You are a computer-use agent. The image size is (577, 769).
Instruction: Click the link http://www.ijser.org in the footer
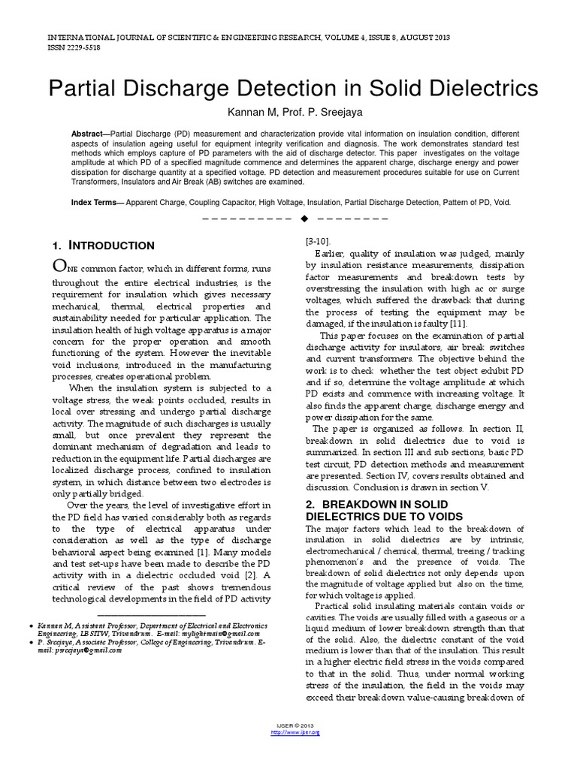(x=288, y=732)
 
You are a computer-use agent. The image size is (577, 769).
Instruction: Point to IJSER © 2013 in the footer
(x=288, y=725)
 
